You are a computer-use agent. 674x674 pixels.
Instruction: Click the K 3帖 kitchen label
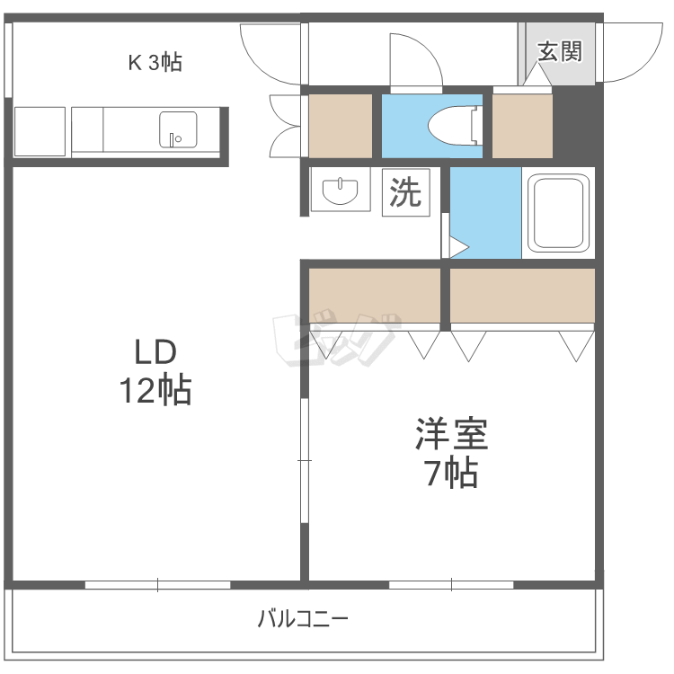pos(155,63)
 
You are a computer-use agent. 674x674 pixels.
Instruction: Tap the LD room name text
pos(155,352)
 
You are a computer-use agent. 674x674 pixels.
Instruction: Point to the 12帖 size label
pos(155,390)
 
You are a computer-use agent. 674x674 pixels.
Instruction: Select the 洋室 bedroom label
pos(452,433)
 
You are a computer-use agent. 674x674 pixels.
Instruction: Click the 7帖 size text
pos(452,473)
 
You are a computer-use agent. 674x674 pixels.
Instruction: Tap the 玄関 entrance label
pos(560,51)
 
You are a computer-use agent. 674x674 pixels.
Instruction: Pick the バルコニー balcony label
pos(303,619)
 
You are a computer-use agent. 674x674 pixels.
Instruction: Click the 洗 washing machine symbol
pos(406,192)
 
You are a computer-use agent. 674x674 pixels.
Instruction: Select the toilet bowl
pos(454,126)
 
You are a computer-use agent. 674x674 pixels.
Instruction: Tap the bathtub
pos(558,213)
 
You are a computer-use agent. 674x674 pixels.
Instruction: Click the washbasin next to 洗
pos(340,190)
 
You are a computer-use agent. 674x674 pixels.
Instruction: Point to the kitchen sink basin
pos(178,129)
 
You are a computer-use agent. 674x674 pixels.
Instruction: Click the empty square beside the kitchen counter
pos(40,131)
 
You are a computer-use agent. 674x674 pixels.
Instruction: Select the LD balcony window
pos(158,585)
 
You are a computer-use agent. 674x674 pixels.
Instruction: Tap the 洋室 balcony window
pos(451,585)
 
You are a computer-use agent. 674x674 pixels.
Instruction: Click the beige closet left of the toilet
pos(341,126)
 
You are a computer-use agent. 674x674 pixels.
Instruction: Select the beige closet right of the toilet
pos(522,126)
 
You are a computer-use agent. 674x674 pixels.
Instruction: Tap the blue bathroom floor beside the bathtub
pos(485,213)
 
